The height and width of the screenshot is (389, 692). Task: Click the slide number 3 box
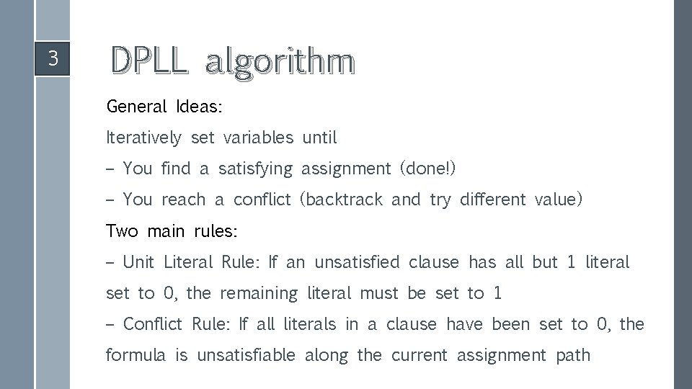[x=52, y=58]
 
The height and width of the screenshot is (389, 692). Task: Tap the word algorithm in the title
[x=280, y=63]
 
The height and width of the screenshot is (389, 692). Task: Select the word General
[x=136, y=107]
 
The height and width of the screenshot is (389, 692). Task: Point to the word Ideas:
[x=199, y=107]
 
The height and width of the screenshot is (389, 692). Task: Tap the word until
[x=319, y=138]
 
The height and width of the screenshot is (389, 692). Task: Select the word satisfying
[x=255, y=169]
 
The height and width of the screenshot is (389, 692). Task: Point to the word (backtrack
[x=341, y=200]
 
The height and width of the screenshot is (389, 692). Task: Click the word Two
[x=122, y=231]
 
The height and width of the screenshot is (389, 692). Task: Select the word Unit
[x=138, y=262]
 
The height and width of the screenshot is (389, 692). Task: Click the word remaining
[x=259, y=294]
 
